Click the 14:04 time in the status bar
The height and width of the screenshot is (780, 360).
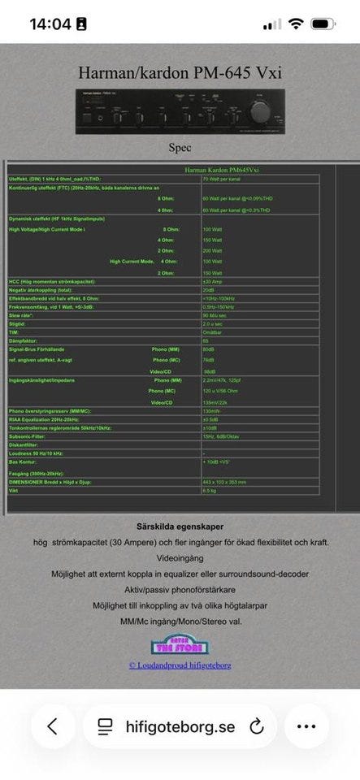tap(50, 24)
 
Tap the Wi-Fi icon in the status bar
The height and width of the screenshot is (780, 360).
tap(295, 24)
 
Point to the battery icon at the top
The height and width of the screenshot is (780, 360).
tap(328, 24)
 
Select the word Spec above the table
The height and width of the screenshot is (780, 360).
tap(180, 148)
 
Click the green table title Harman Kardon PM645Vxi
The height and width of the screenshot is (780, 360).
tap(220, 170)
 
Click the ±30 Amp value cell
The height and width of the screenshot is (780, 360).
tap(214, 281)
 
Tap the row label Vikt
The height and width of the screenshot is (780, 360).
tap(14, 491)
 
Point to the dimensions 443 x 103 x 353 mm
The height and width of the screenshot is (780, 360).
tap(224, 483)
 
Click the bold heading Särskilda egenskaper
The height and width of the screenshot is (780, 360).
tap(181, 526)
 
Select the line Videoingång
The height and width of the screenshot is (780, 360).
tap(180, 560)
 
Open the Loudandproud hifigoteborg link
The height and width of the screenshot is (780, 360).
tap(180, 665)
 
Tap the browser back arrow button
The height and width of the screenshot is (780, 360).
tap(53, 726)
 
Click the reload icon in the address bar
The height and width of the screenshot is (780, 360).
tap(257, 726)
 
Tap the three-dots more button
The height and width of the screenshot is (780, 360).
tap(306, 726)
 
